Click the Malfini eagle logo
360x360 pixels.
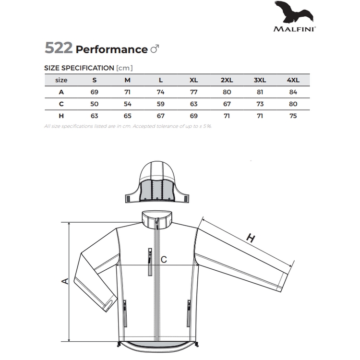click(294, 12)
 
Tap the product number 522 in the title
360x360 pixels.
click(59, 48)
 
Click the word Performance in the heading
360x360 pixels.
click(111, 49)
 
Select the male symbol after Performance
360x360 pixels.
click(155, 48)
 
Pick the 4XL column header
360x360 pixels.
click(293, 80)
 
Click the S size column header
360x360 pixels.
click(95, 80)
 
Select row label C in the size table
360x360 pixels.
click(61, 104)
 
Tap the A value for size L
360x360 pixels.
click(160, 92)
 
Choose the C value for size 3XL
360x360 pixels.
click(260, 104)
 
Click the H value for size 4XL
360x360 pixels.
click(293, 116)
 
